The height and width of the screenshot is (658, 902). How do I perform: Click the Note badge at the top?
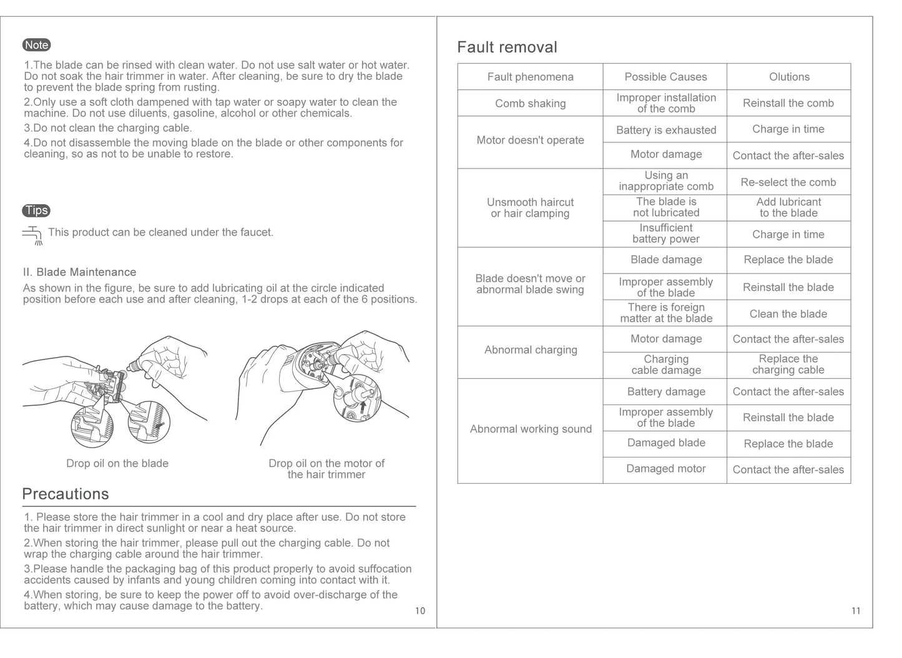36,45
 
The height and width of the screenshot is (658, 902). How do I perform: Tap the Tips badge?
36,210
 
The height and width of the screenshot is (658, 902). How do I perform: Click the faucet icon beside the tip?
32,235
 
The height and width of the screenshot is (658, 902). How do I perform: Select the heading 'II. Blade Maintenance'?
79,272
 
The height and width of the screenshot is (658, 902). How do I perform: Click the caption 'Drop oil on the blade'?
117,463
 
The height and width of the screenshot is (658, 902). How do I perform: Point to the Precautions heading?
66,494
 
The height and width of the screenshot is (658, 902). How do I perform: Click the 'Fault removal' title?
507,47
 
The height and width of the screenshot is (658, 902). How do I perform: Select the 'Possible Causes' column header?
665,77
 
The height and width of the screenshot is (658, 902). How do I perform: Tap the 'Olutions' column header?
789,77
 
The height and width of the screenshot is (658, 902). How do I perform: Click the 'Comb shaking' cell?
530,104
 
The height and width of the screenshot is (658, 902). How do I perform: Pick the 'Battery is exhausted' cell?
665,130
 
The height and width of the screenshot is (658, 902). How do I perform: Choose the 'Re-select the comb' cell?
788,182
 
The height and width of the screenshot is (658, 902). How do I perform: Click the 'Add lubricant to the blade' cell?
788,207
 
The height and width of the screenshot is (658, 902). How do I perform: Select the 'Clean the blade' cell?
788,314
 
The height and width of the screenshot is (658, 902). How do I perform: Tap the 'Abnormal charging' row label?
531,350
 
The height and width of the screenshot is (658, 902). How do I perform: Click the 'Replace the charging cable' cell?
788,365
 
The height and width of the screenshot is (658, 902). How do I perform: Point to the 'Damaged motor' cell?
665,469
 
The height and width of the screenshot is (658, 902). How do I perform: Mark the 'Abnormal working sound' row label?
531,429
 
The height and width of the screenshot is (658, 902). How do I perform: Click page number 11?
856,611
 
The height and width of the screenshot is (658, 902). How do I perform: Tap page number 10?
420,611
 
